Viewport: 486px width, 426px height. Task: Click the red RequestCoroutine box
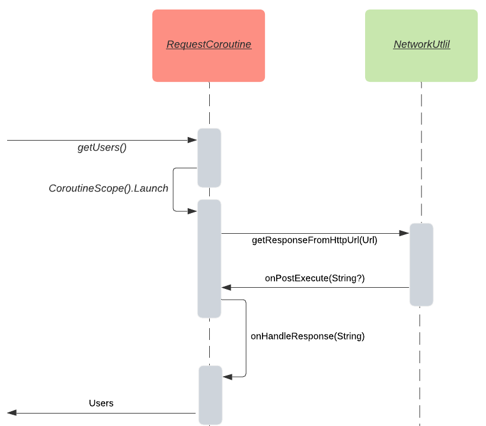coord(208,45)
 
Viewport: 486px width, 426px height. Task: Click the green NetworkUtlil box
coord(421,45)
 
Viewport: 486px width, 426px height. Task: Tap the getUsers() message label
coord(102,148)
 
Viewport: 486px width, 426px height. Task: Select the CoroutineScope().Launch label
coord(108,188)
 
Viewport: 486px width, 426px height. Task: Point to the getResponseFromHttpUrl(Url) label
coord(314,240)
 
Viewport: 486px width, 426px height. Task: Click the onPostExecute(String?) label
coord(314,278)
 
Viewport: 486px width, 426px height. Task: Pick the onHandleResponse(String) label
coord(307,336)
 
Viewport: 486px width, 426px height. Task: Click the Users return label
coord(101,403)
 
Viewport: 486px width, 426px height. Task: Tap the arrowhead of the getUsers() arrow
coord(192,140)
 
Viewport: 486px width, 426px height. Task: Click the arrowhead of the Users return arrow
coord(12,413)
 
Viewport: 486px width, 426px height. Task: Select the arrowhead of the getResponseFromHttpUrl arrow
coord(405,234)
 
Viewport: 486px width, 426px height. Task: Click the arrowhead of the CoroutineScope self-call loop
coord(192,211)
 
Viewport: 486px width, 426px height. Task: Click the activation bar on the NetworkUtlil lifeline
coord(421,264)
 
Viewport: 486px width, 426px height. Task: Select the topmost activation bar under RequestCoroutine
coord(209,157)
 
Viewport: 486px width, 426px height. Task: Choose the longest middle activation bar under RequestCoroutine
coord(209,258)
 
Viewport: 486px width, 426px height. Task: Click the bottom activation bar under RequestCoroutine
coord(210,395)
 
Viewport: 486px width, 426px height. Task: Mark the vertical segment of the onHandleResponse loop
coord(245,338)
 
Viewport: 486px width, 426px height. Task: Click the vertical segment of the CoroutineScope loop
coord(173,189)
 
